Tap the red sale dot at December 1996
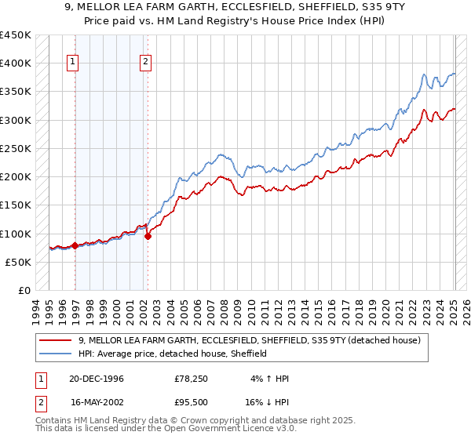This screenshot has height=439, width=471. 75,245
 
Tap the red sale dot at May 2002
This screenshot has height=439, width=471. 148,236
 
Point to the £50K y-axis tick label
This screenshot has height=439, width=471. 18,262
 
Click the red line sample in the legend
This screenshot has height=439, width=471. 56,340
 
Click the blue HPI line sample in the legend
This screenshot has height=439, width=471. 56,354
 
